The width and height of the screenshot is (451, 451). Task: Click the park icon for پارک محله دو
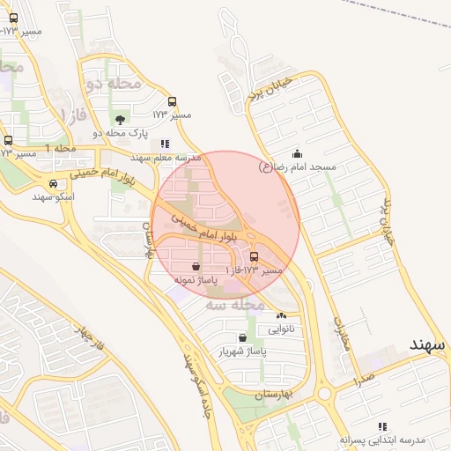[x=120, y=119]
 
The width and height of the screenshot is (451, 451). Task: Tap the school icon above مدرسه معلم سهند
[x=165, y=144]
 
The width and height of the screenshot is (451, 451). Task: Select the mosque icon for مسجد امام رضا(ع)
[x=296, y=153]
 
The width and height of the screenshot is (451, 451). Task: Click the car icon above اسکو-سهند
[x=55, y=184]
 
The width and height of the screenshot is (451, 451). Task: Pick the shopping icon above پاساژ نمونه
[x=195, y=266]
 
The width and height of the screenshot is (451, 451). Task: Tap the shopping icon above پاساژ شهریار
[x=242, y=337]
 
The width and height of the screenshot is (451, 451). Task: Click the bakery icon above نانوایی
[x=281, y=315]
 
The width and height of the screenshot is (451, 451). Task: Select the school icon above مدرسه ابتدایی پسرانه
[x=381, y=426]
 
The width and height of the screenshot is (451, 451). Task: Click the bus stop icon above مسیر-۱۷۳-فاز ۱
[x=255, y=257]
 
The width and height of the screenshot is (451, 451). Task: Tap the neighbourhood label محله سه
[x=235, y=305]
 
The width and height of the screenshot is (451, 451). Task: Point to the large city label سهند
[x=428, y=343]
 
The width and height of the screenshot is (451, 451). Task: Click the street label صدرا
[x=363, y=381]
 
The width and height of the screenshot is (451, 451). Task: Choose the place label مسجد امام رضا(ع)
[x=305, y=166]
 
